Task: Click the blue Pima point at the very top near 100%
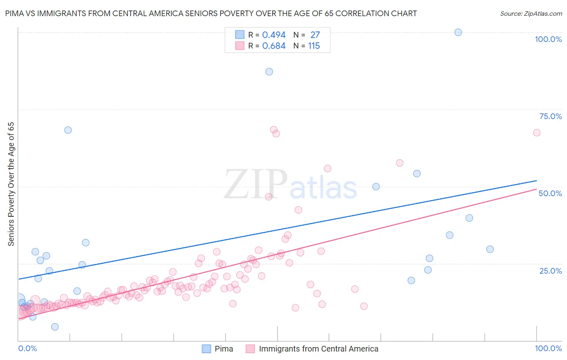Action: (x=458, y=32)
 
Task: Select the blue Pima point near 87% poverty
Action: (x=269, y=71)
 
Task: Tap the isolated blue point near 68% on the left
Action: (x=68, y=130)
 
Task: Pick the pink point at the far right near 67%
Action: (x=536, y=133)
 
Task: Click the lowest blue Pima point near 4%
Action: (x=55, y=327)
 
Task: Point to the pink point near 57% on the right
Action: (x=400, y=163)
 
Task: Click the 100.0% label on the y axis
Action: (x=548, y=39)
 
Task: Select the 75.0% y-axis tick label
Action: (x=550, y=116)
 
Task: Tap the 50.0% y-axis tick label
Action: (x=550, y=193)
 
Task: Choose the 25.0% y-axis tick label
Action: (x=550, y=271)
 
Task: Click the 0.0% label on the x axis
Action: (x=27, y=348)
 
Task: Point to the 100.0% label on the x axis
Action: (x=548, y=348)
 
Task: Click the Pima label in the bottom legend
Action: (x=224, y=349)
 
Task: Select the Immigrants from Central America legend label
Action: (x=319, y=349)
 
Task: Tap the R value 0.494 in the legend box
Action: (x=274, y=35)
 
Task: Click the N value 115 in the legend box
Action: (x=314, y=46)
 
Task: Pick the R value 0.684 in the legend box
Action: (x=274, y=46)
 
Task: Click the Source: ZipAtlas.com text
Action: (x=531, y=14)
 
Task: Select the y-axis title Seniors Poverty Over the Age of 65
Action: (x=11, y=184)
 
